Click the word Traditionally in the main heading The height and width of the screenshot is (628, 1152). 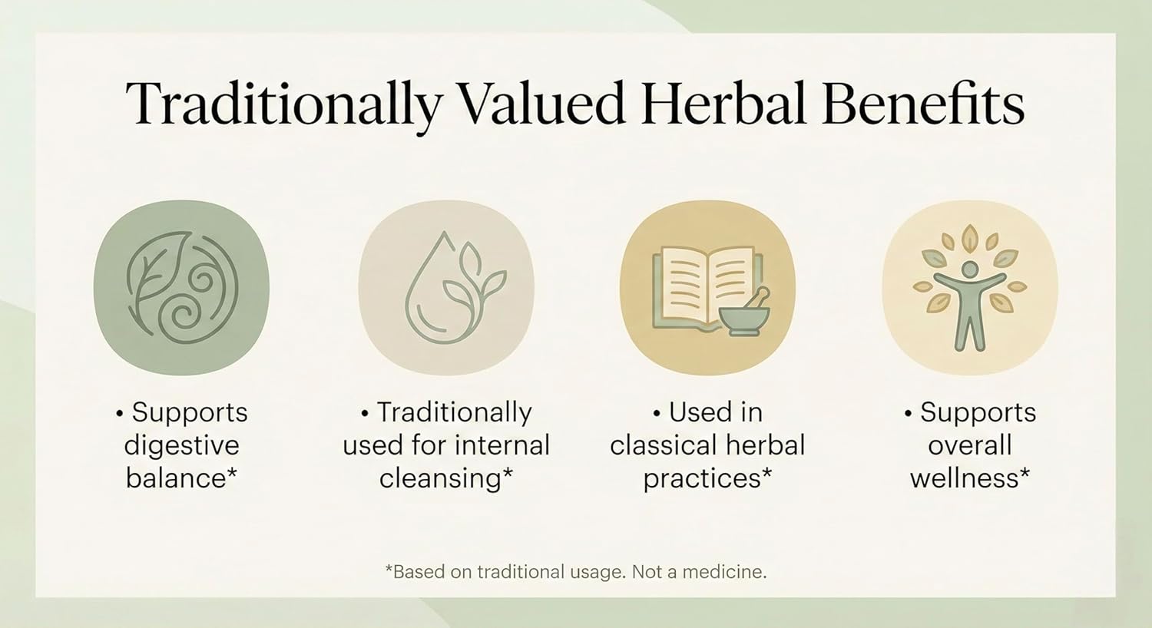coord(283,108)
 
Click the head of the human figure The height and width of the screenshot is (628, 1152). coord(970,269)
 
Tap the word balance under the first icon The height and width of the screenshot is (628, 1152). coord(175,478)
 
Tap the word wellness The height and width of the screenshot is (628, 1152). coord(965,478)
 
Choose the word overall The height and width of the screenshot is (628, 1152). coord(970,445)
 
